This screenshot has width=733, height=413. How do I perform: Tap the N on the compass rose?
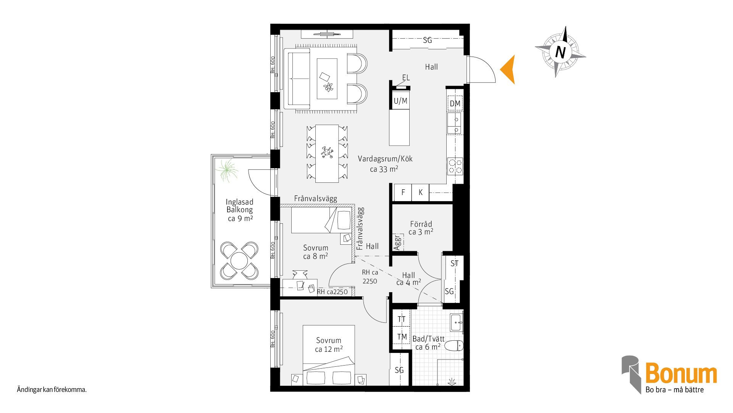560,52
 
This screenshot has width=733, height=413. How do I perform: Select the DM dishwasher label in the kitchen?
455,104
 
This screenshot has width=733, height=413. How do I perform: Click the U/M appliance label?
400,101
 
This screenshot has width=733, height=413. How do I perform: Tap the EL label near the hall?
406,78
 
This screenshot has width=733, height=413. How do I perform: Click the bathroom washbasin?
457,322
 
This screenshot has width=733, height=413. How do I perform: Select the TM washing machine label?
402,337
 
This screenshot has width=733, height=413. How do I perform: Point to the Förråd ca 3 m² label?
421,228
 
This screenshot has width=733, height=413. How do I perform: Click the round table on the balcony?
239,261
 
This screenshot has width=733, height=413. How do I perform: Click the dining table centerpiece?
327,152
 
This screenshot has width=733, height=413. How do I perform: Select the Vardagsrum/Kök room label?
385,159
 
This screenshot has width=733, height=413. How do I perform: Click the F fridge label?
403,192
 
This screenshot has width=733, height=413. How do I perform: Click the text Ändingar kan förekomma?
52,390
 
